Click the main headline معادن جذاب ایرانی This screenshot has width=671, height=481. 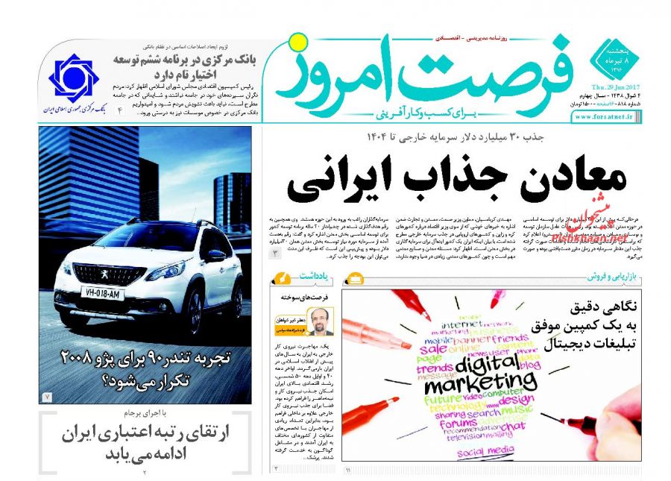[x=456, y=182]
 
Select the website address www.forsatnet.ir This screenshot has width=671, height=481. [x=606, y=117]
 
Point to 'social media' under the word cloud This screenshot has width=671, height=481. [x=485, y=450]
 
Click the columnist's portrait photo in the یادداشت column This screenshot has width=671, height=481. [x=321, y=321]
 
